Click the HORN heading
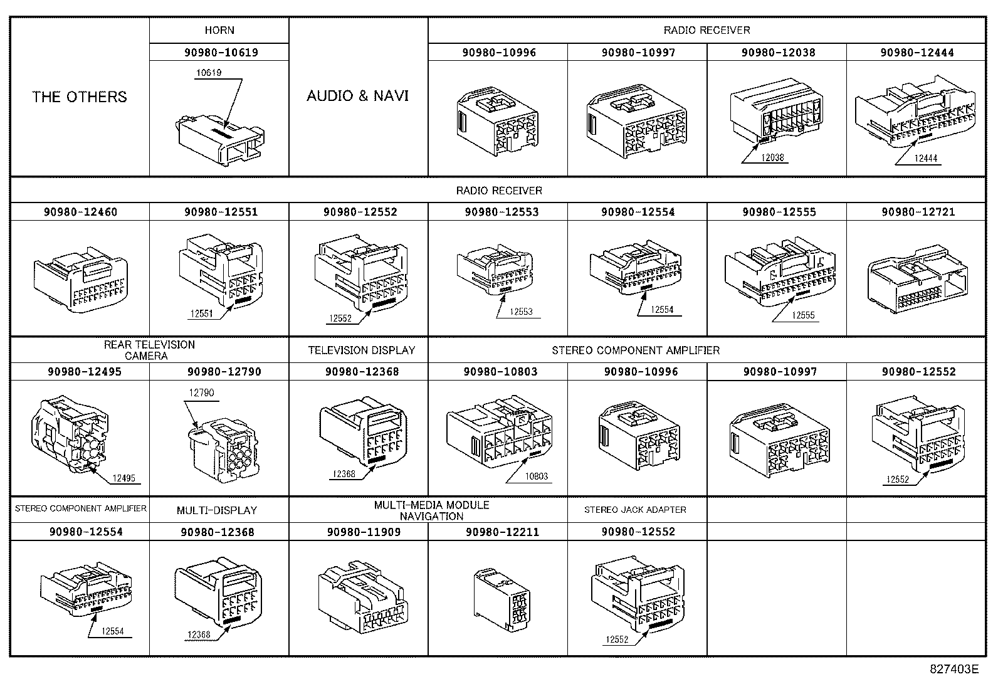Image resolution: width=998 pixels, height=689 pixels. click(x=219, y=30)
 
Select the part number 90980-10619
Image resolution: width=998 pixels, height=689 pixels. click(x=221, y=53)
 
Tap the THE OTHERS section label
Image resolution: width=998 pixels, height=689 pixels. click(x=80, y=97)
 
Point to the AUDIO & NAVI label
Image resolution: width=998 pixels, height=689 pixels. click(x=357, y=96)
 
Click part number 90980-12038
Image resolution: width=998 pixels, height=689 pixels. click(x=778, y=53)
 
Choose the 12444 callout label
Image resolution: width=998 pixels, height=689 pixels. click(x=925, y=159)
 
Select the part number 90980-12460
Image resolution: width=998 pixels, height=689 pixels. click(x=80, y=212)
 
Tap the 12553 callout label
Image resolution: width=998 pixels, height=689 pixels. click(x=520, y=312)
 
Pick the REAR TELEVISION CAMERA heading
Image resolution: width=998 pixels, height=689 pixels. click(x=149, y=350)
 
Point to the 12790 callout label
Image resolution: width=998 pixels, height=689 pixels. click(x=201, y=393)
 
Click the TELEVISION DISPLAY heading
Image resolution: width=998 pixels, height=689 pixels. click(x=362, y=350)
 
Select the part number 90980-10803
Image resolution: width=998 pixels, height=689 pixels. click(x=500, y=372)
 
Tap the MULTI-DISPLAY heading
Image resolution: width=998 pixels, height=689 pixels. click(x=217, y=510)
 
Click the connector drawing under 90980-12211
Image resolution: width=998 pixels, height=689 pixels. click(x=502, y=599)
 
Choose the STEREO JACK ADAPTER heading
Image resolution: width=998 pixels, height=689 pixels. click(x=635, y=510)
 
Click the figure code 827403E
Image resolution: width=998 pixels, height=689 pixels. click(x=953, y=669)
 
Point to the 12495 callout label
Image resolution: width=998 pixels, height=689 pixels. click(x=123, y=478)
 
